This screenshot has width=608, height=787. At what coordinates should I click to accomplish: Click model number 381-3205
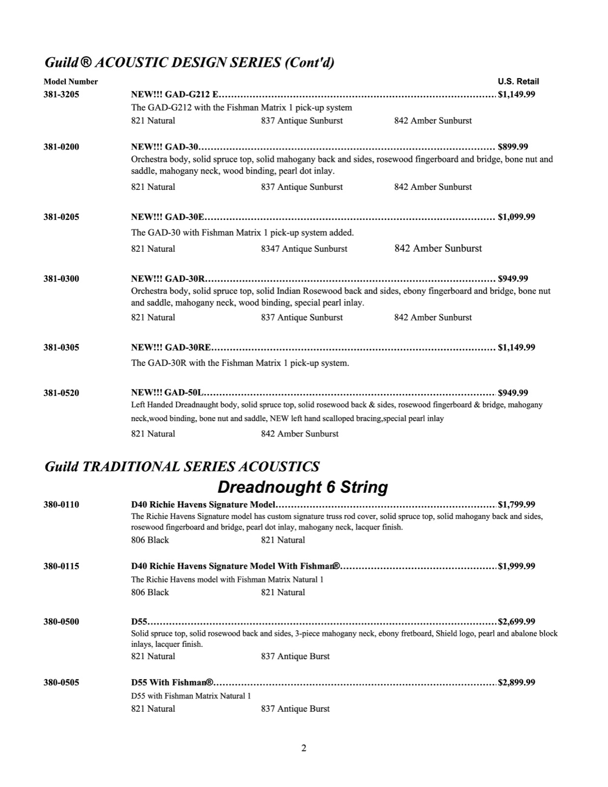point(61,94)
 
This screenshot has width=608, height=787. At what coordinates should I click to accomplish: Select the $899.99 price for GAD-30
point(513,147)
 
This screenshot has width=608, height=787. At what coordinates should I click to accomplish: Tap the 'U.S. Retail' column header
point(518,82)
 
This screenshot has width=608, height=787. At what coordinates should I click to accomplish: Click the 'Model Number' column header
point(71,82)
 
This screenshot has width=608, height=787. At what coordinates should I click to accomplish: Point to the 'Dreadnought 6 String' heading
point(303,487)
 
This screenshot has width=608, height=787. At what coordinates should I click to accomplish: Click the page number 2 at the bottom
point(304,748)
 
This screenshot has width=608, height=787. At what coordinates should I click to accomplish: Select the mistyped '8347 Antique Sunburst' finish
point(304,249)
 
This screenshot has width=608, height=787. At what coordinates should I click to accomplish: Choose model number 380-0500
point(61,621)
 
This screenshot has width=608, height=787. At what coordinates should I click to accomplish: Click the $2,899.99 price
point(517,682)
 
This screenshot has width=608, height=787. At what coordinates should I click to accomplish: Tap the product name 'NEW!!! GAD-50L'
point(168,393)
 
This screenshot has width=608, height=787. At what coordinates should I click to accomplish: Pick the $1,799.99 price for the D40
point(517,504)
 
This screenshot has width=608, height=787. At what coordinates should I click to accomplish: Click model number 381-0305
point(61,347)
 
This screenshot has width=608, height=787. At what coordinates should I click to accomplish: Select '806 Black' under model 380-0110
point(150,540)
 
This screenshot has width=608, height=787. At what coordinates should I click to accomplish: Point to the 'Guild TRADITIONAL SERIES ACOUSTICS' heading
point(182,466)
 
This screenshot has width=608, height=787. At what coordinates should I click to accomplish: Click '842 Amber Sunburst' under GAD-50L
point(300,434)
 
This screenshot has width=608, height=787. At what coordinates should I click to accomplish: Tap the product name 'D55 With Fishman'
point(172,682)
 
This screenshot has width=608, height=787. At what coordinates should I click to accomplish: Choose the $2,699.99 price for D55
point(517,621)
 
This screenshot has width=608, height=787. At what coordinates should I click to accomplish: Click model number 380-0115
point(61,566)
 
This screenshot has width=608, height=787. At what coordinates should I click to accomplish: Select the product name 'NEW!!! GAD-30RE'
point(171,347)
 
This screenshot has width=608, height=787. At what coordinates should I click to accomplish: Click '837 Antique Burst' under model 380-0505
point(295,709)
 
